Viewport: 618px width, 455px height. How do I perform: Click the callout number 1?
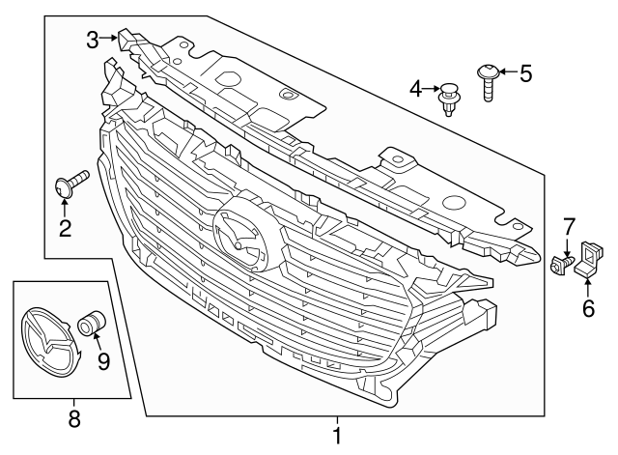tap(336, 436)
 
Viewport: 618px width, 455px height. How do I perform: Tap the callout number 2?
tap(66, 228)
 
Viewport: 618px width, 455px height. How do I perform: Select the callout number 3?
tap(92, 40)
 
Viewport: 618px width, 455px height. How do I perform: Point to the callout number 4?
tap(416, 89)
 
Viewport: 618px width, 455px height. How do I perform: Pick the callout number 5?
tap(525, 72)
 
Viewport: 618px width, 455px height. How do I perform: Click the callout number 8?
tap(72, 419)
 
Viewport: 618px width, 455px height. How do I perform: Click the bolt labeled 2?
tap(71, 183)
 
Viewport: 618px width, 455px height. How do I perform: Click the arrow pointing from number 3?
tap(108, 40)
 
